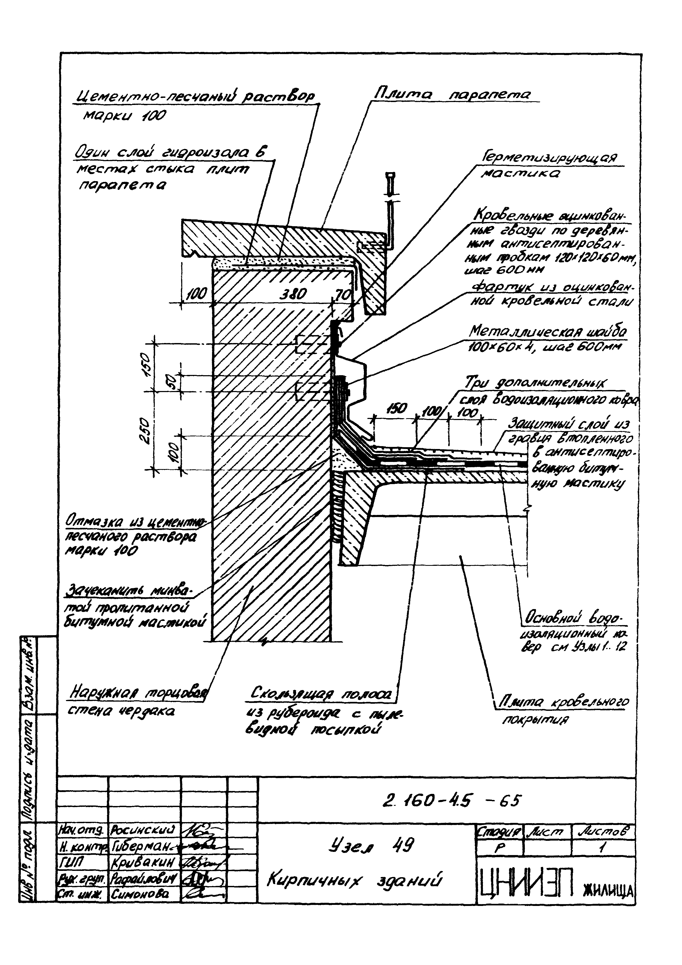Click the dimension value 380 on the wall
(293, 294)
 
